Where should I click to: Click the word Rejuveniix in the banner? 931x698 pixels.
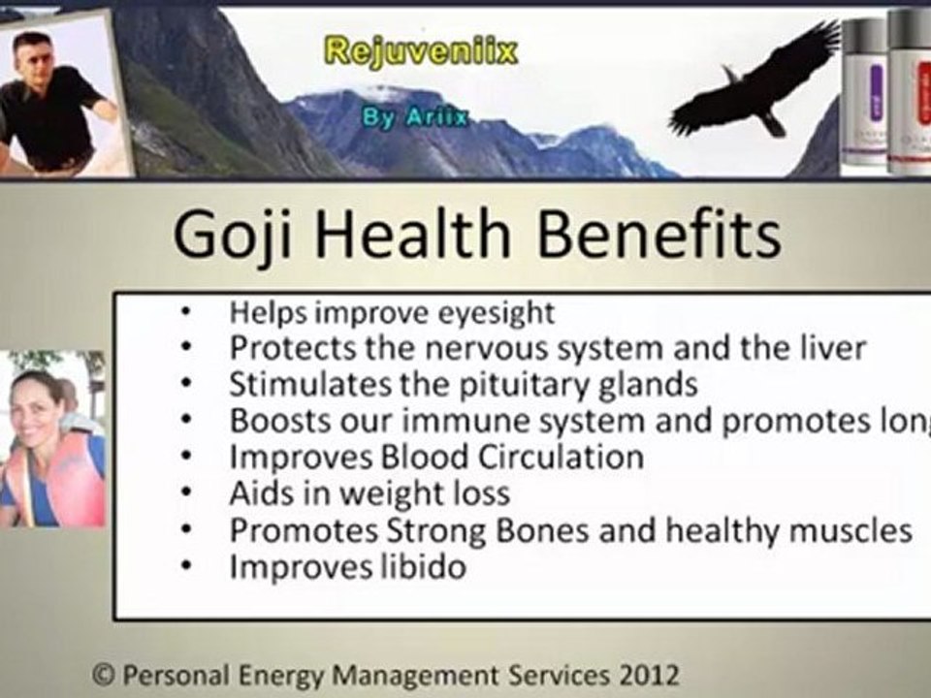(420, 50)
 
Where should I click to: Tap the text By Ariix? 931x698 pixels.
(414, 117)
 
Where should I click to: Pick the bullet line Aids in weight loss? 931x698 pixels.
(369, 493)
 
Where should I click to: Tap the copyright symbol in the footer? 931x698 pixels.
(100, 673)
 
